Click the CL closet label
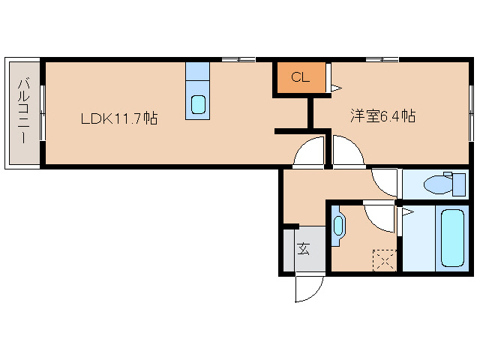(x=300, y=76)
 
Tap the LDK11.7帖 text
(x=120, y=118)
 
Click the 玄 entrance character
(x=304, y=249)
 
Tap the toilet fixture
(x=436, y=184)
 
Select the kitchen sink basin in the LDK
(x=198, y=103)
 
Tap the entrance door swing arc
(x=308, y=289)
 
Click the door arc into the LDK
(x=308, y=154)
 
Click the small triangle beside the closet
(x=335, y=88)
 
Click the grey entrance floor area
(x=304, y=250)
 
